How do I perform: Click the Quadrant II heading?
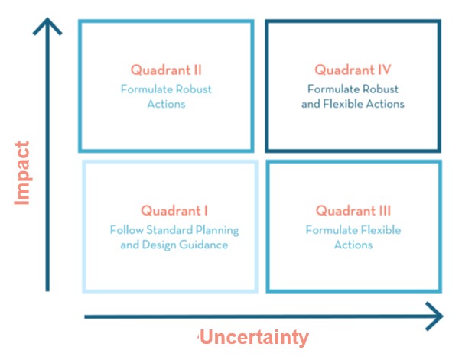coord(166,70)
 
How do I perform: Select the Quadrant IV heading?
coord(353,70)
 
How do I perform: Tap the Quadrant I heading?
coord(174,211)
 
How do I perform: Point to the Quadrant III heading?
coord(353,211)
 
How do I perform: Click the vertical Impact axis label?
coord(22,173)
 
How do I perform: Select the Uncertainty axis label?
coord(255,337)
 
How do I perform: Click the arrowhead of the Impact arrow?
coord(47,26)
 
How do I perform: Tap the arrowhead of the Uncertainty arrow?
coord(434,316)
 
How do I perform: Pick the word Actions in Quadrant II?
coord(166,104)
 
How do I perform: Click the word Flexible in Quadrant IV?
coord(343,104)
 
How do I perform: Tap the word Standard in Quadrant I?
coord(169,229)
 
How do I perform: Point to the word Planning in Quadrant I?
coord(217,230)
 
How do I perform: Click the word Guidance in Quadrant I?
coord(203,245)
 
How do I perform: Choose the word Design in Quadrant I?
coord(159,245)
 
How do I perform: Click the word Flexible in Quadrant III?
coord(381,229)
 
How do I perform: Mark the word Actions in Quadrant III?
coord(353,245)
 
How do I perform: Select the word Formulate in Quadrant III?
coord(332,229)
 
